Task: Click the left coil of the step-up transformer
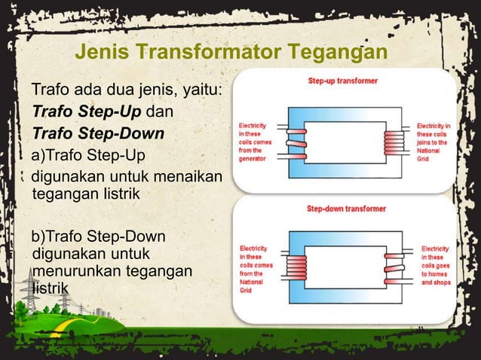point(295,141)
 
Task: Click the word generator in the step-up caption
point(253,157)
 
